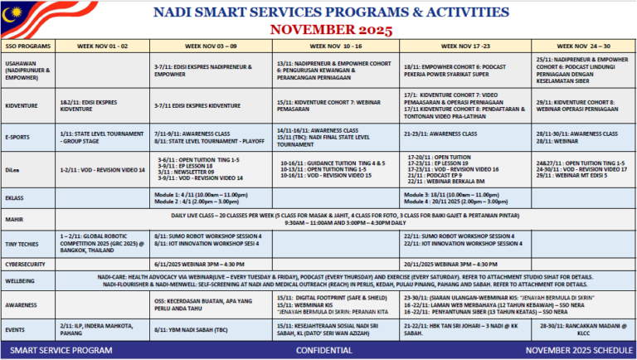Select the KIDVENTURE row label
(x=22, y=106)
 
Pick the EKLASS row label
(x=15, y=198)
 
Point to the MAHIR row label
(x=14, y=220)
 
